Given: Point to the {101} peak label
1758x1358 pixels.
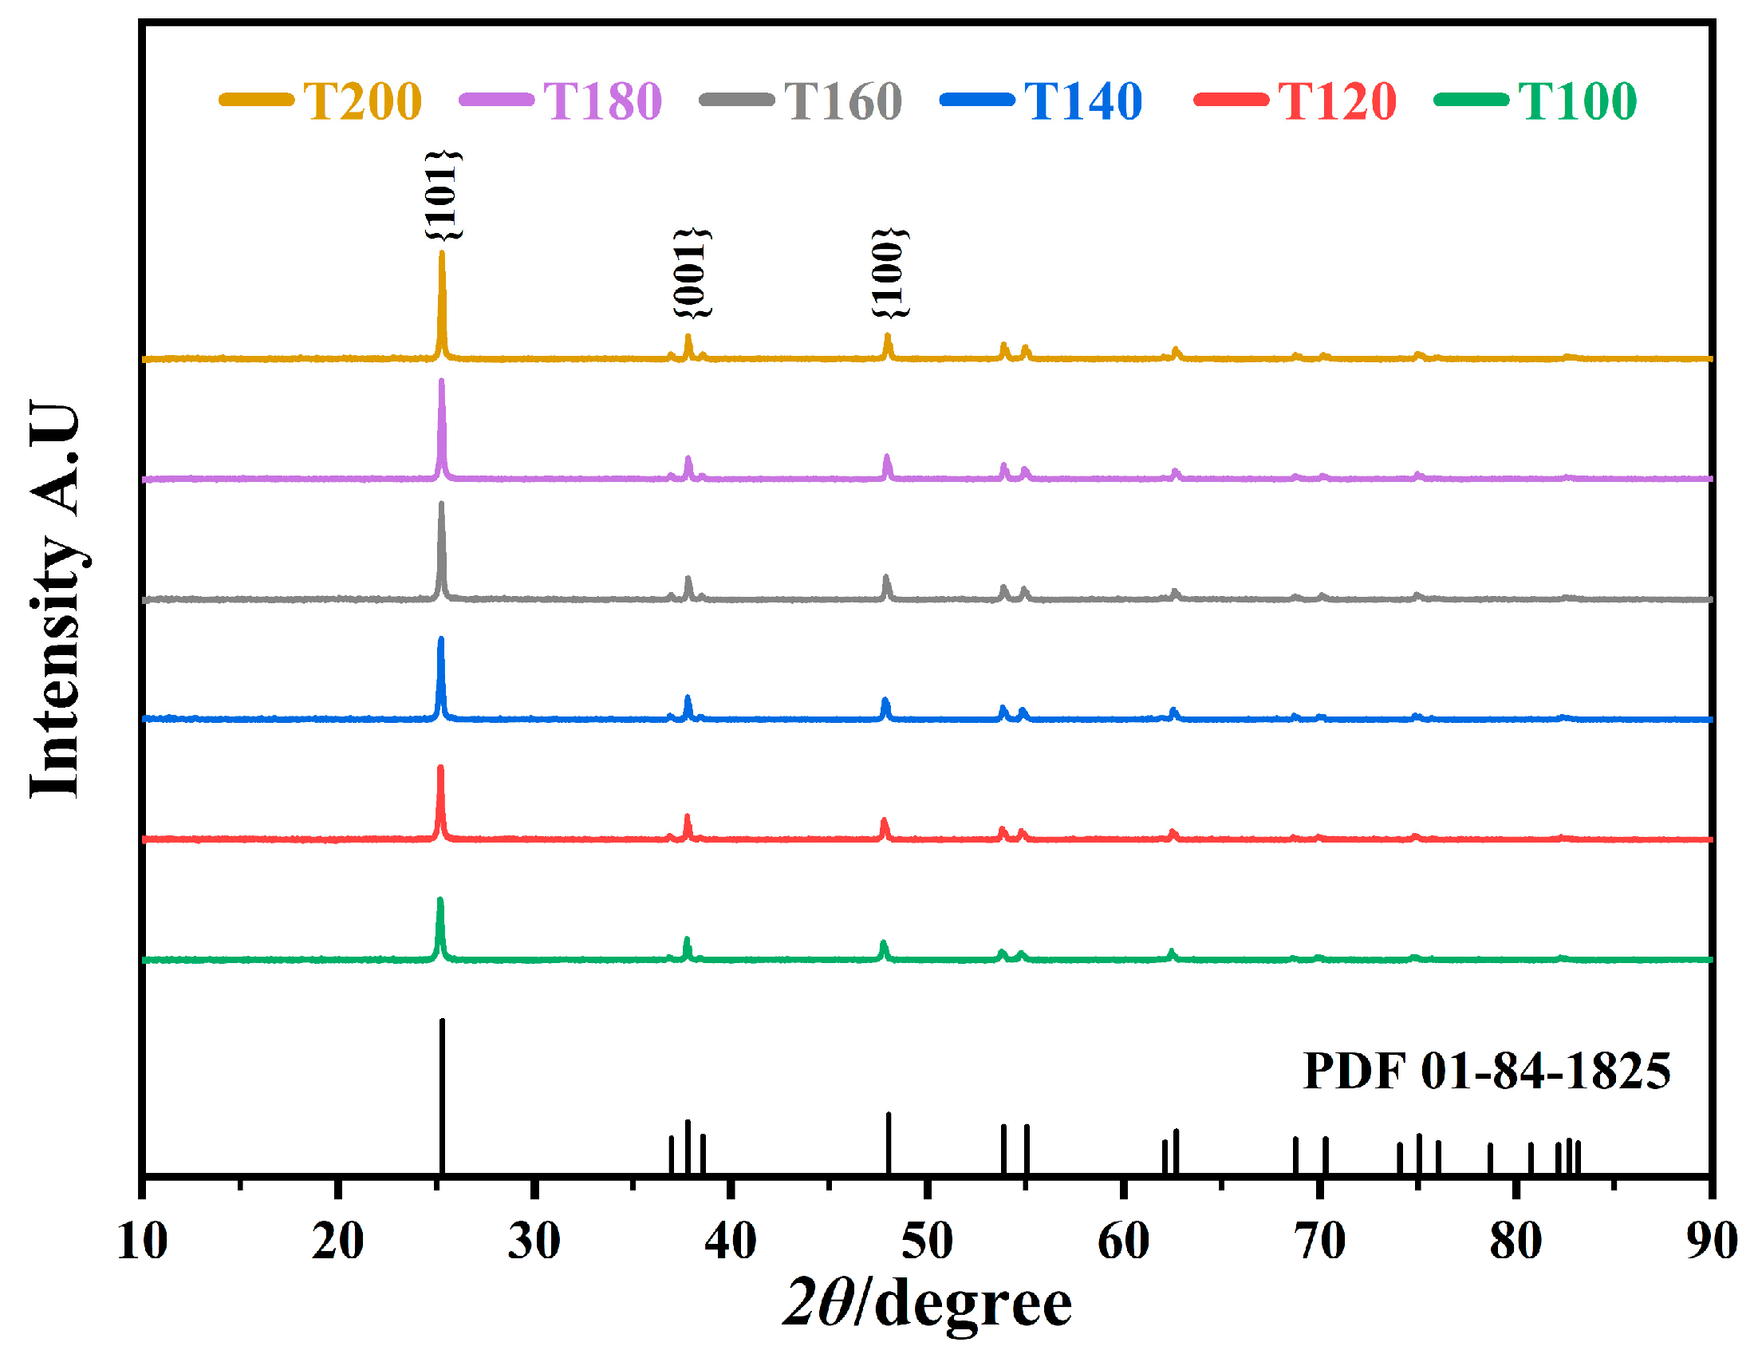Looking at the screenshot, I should coord(443,195).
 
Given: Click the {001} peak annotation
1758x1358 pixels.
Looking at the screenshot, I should coord(692,274).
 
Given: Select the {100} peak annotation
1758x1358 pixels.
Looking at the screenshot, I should coord(889,274).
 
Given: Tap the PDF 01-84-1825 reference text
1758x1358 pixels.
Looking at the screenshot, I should coord(1487,1071).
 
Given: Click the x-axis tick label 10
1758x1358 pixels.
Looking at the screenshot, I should coord(143,1241).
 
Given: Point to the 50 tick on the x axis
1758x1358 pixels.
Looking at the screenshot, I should coord(928,1241).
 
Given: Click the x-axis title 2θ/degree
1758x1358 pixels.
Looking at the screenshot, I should coord(928,1303).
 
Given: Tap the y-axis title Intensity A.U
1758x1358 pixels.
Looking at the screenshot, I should coord(55,600).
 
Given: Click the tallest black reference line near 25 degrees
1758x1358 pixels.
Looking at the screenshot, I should coord(442,1095).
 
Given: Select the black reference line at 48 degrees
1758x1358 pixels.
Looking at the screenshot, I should coord(888,1143).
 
